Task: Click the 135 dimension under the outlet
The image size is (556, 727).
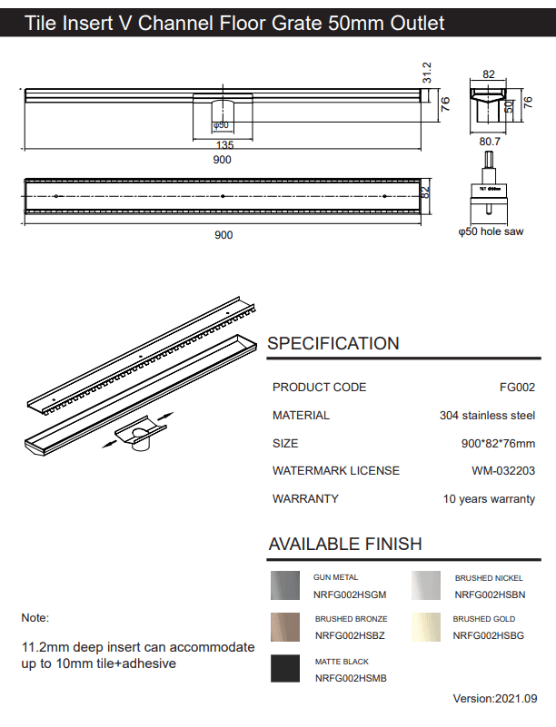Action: pos(224,145)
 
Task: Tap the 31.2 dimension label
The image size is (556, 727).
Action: pos(426,72)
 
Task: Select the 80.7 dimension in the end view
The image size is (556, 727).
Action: pos(490,142)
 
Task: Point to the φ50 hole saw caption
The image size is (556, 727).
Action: pos(491,232)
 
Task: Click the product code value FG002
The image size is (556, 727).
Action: pos(517,388)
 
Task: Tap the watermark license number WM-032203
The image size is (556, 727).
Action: pos(503,471)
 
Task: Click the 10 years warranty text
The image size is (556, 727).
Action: pos(489,499)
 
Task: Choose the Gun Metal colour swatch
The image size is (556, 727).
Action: pos(286,585)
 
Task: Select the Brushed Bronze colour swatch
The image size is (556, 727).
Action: pos(286,627)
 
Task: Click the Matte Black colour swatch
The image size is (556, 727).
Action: pos(286,669)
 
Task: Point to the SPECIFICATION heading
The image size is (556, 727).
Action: pos(333,344)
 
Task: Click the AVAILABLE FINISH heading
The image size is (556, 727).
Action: pos(345,545)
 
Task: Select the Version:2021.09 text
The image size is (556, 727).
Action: pos(495,699)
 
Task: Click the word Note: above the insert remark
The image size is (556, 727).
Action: pos(35,618)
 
